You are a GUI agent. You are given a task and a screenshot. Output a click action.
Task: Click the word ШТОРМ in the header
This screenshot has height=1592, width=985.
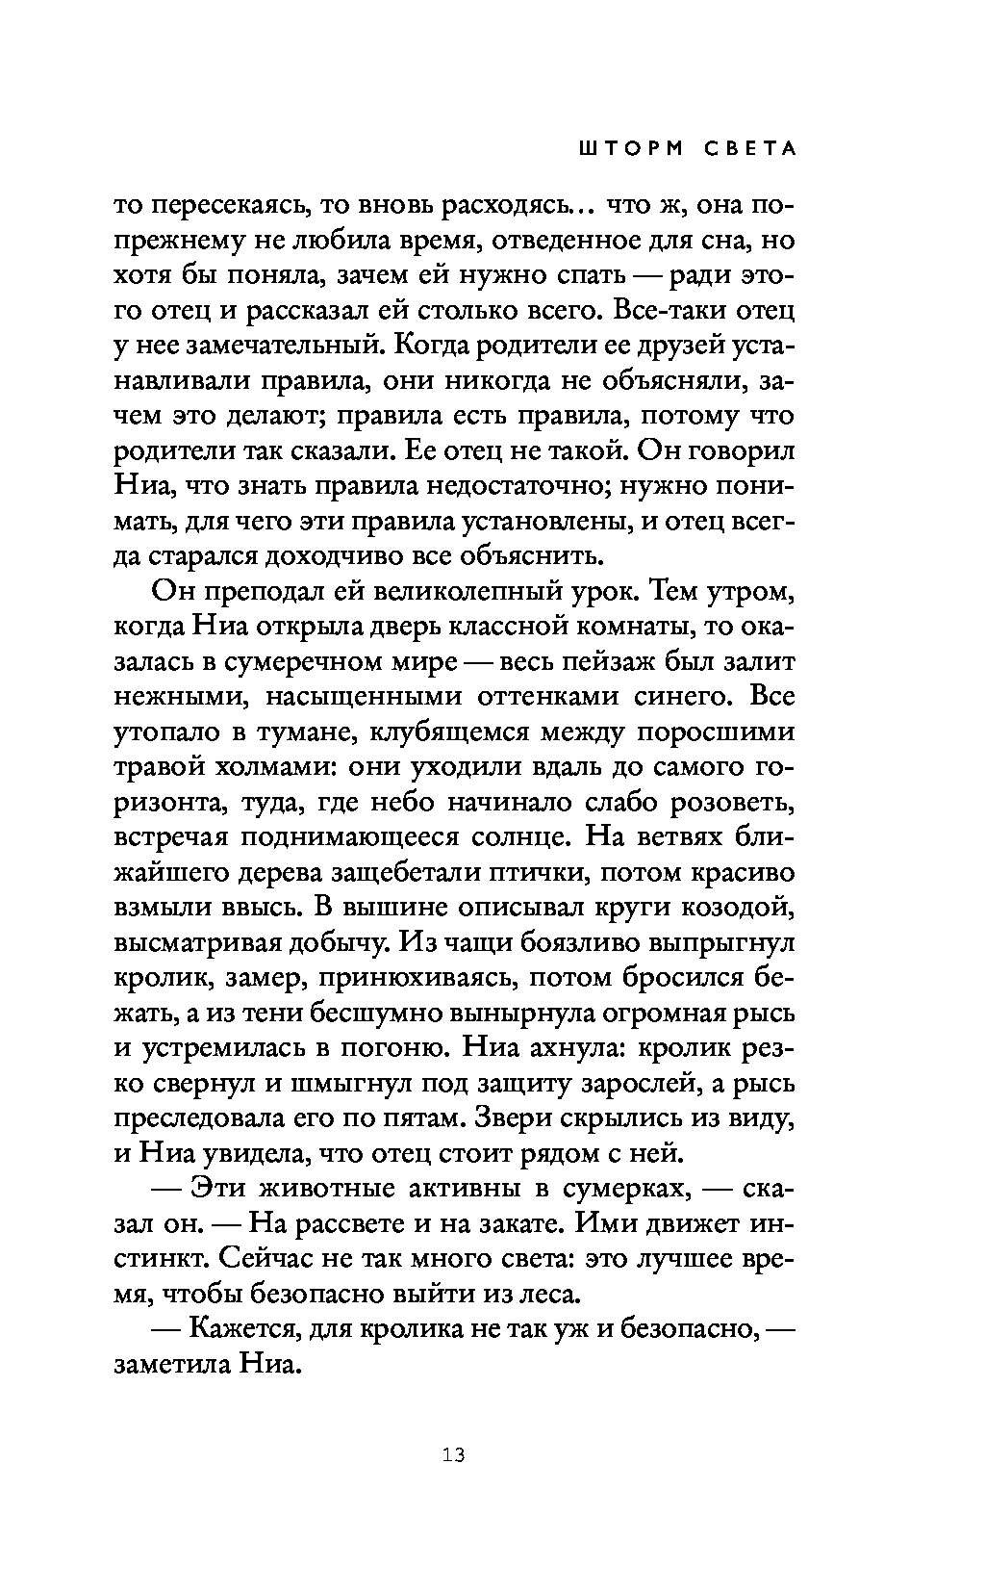click(x=619, y=149)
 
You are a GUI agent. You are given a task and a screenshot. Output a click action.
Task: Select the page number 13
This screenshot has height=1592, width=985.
click(x=454, y=1454)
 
